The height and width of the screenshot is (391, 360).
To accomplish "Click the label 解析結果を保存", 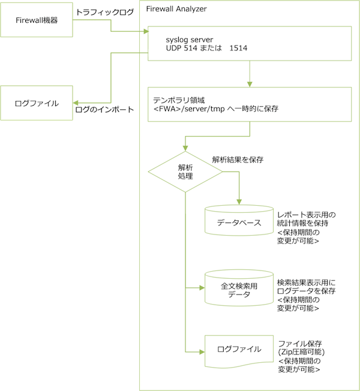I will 238,160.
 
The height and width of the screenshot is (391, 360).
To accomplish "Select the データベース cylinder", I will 238,222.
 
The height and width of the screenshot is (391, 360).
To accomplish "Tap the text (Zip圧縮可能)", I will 302,352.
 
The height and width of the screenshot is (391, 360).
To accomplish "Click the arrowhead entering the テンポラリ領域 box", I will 248,84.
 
